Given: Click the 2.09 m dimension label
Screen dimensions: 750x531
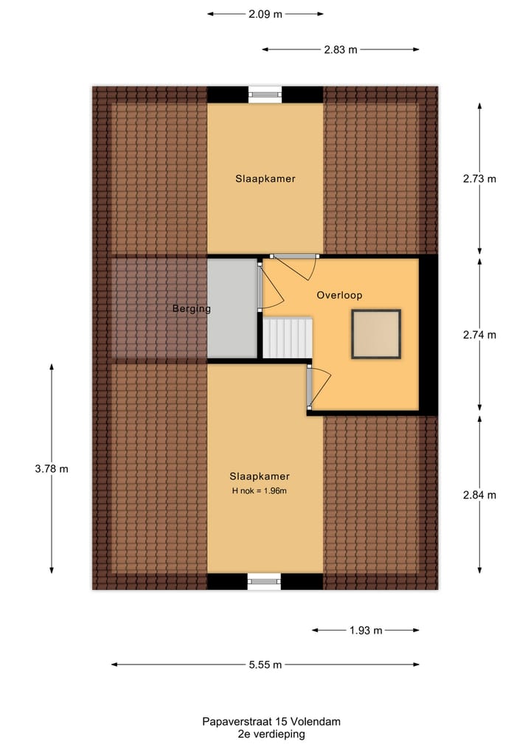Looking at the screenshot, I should pyautogui.click(x=265, y=13).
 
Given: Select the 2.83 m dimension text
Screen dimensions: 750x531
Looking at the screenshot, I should pyautogui.click(x=341, y=49).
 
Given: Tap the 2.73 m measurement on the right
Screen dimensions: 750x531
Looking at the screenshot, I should pyautogui.click(x=479, y=178).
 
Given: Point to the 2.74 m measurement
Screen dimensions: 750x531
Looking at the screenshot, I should pyautogui.click(x=479, y=334).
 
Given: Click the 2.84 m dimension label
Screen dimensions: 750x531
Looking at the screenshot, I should pyautogui.click(x=479, y=494).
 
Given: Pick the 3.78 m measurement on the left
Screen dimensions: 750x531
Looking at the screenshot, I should pyautogui.click(x=52, y=468).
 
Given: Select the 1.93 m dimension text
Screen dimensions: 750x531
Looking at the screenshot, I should pyautogui.click(x=367, y=631).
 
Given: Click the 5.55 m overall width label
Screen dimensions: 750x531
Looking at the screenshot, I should pyautogui.click(x=265, y=664).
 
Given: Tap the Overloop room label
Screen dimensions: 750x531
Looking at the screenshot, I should pyautogui.click(x=339, y=295).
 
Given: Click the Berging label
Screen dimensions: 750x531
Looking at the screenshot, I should pyautogui.click(x=192, y=309).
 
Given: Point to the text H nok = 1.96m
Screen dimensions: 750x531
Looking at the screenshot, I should pyautogui.click(x=259, y=491).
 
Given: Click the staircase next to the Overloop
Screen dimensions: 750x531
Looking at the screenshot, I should pyautogui.click(x=288, y=338).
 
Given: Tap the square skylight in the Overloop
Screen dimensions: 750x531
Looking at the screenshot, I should pyautogui.click(x=376, y=335).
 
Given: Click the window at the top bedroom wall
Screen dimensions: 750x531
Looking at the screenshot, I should pyautogui.click(x=265, y=94).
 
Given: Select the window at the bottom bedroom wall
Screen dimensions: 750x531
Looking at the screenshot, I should pyautogui.click(x=265, y=582).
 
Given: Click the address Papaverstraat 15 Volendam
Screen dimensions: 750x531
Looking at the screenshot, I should pyautogui.click(x=271, y=722).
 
